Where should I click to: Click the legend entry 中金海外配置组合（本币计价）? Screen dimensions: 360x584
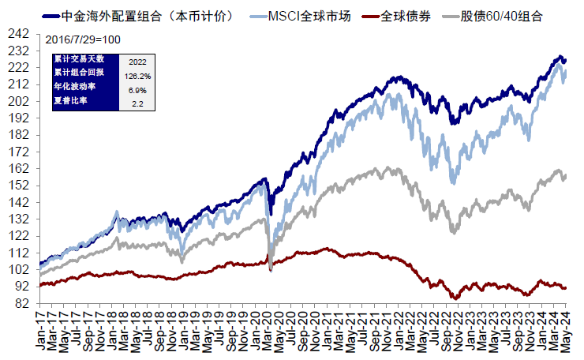tap(142, 15)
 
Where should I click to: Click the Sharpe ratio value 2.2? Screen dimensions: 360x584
tap(137, 103)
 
